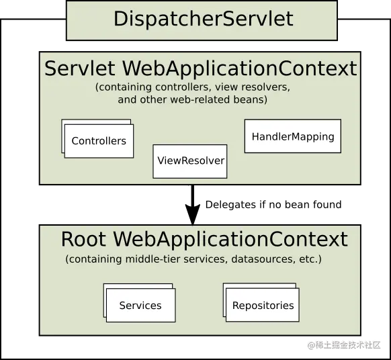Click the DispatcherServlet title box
202,19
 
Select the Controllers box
99,141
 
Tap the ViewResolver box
190,161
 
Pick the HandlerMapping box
292,136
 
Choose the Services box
140,306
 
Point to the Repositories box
263,306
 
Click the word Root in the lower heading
84,239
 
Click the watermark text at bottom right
344,344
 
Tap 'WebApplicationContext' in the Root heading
230,239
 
